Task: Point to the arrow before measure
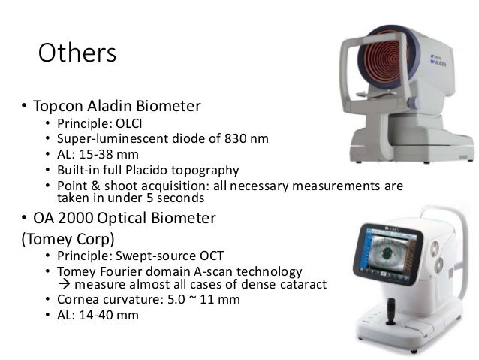click(x=64, y=284)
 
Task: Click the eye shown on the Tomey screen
click(x=399, y=252)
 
